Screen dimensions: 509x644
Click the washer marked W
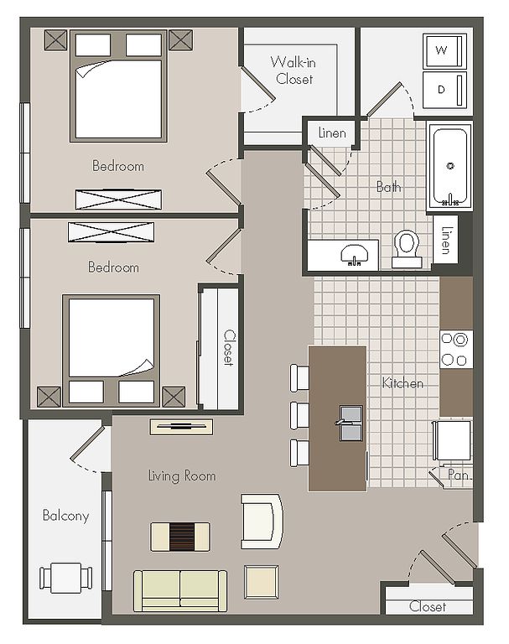[x=444, y=51]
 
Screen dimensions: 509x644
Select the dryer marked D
[x=444, y=90]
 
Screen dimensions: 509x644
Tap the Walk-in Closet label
[x=293, y=70]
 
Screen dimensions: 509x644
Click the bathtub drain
[x=450, y=166]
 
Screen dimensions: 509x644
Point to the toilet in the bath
[x=407, y=248]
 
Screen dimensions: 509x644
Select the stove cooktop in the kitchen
[x=455, y=350]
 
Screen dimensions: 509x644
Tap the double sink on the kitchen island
[x=351, y=423]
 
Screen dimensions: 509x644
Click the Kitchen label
[x=403, y=383]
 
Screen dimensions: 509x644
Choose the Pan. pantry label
[x=459, y=475]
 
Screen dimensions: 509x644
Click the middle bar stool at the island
[x=299, y=415]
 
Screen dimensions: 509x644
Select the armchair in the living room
[x=262, y=522]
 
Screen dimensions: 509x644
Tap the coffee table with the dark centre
[x=180, y=537]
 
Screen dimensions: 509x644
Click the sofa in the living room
[x=180, y=591]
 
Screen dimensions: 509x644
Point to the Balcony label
[x=65, y=516]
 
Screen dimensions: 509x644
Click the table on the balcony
[x=65, y=579]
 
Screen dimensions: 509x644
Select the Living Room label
[x=182, y=475]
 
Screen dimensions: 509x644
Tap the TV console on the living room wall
[x=181, y=427]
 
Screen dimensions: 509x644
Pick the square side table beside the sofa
[x=262, y=582]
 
